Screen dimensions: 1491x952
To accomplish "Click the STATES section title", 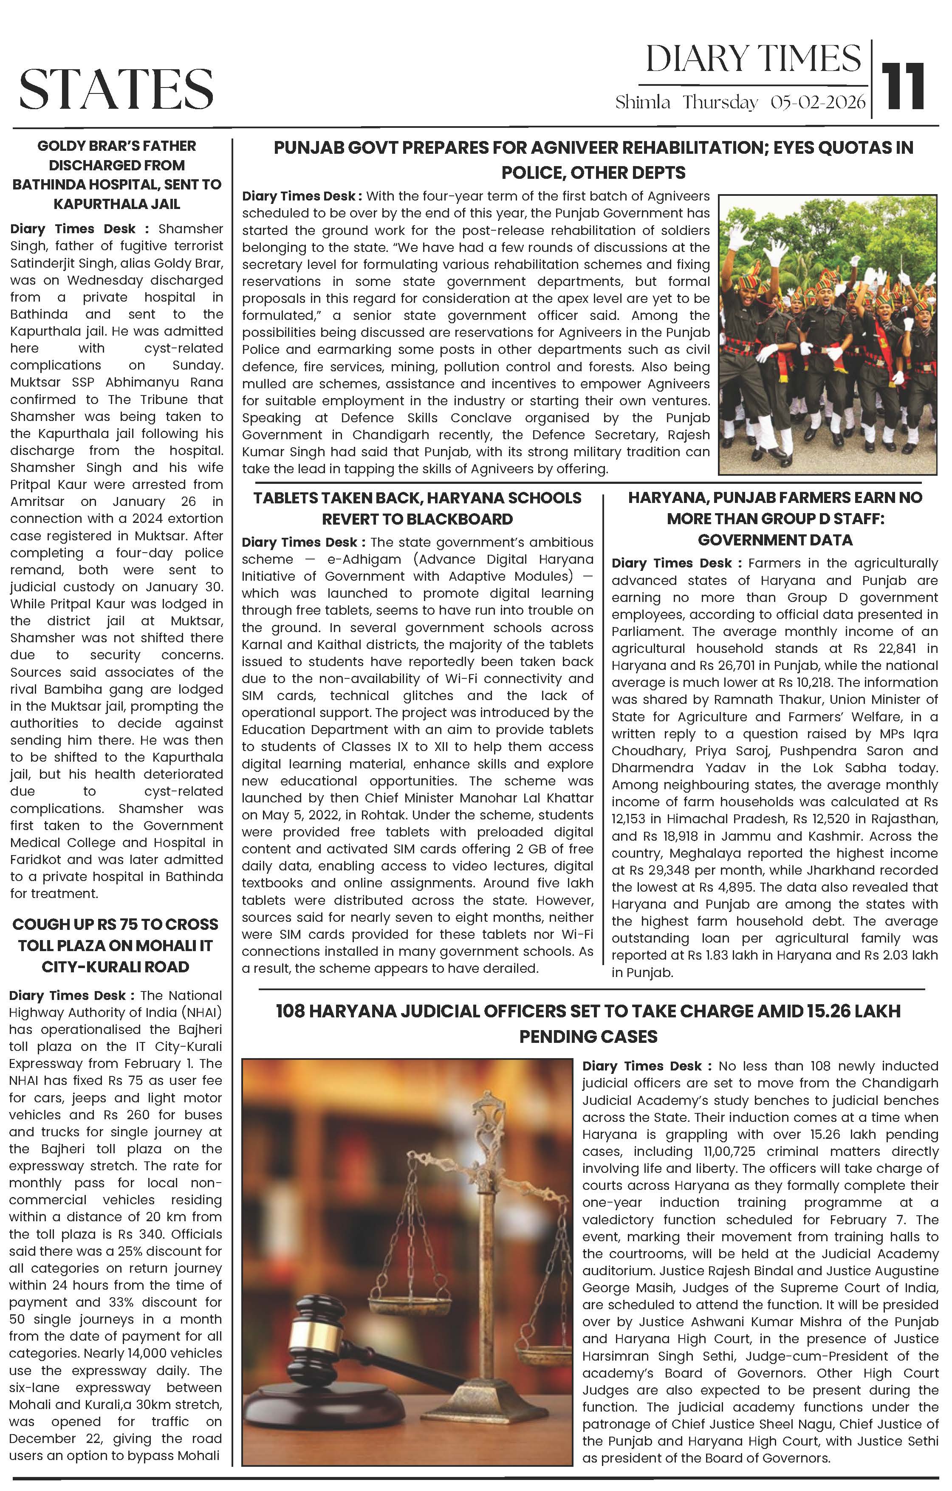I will coord(116,88).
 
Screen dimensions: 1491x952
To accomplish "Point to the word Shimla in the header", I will coord(642,103).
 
